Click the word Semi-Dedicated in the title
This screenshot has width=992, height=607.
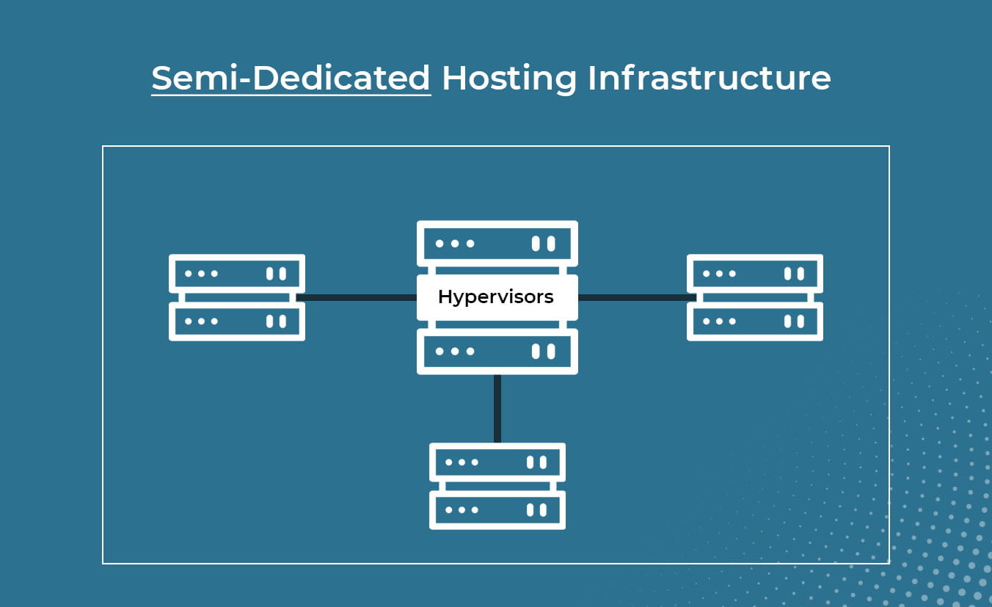pos(291,78)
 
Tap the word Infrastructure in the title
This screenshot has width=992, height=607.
pos(709,78)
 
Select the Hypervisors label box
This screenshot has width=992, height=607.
pos(497,297)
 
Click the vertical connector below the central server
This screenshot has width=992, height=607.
pos(497,408)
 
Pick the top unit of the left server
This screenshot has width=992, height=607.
pos(236,274)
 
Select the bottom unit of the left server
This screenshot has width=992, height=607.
pos(236,321)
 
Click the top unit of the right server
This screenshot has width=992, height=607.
pos(754,274)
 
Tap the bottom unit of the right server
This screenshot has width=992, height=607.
pos(754,321)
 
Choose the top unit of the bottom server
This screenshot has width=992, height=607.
pos(497,462)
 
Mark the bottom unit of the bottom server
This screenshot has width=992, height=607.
pos(497,509)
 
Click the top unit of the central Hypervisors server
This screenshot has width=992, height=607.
pos(497,243)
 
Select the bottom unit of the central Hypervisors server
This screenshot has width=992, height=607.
pos(497,352)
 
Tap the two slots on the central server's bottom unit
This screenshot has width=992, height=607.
pos(543,352)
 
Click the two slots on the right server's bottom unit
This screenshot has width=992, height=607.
pos(794,321)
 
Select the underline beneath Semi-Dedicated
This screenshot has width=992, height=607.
pos(291,94)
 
